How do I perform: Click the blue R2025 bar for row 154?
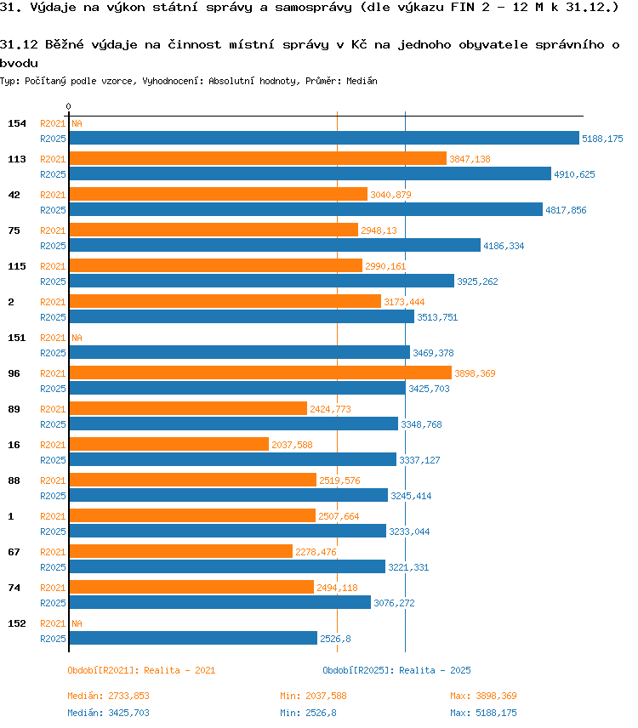[324, 138]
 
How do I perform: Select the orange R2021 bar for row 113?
[258, 158]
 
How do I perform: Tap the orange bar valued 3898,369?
[260, 373]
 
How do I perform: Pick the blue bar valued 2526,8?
[193, 638]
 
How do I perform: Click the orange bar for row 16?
[169, 444]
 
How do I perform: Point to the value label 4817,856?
[566, 210]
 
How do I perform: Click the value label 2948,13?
[379, 230]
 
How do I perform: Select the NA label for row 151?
[77, 338]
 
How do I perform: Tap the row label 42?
[14, 195]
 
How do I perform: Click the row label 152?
[17, 623]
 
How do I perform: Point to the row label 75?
[14, 230]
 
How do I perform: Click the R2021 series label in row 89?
[53, 409]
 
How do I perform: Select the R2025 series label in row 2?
[53, 317]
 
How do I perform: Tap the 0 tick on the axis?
[69, 107]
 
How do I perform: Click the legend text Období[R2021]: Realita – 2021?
[141, 670]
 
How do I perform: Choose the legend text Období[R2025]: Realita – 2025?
[397, 670]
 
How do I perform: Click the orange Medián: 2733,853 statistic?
[109, 696]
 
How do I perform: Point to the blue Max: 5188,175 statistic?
[483, 713]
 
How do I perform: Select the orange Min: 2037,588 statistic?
[313, 696]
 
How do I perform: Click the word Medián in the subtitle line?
[362, 82]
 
